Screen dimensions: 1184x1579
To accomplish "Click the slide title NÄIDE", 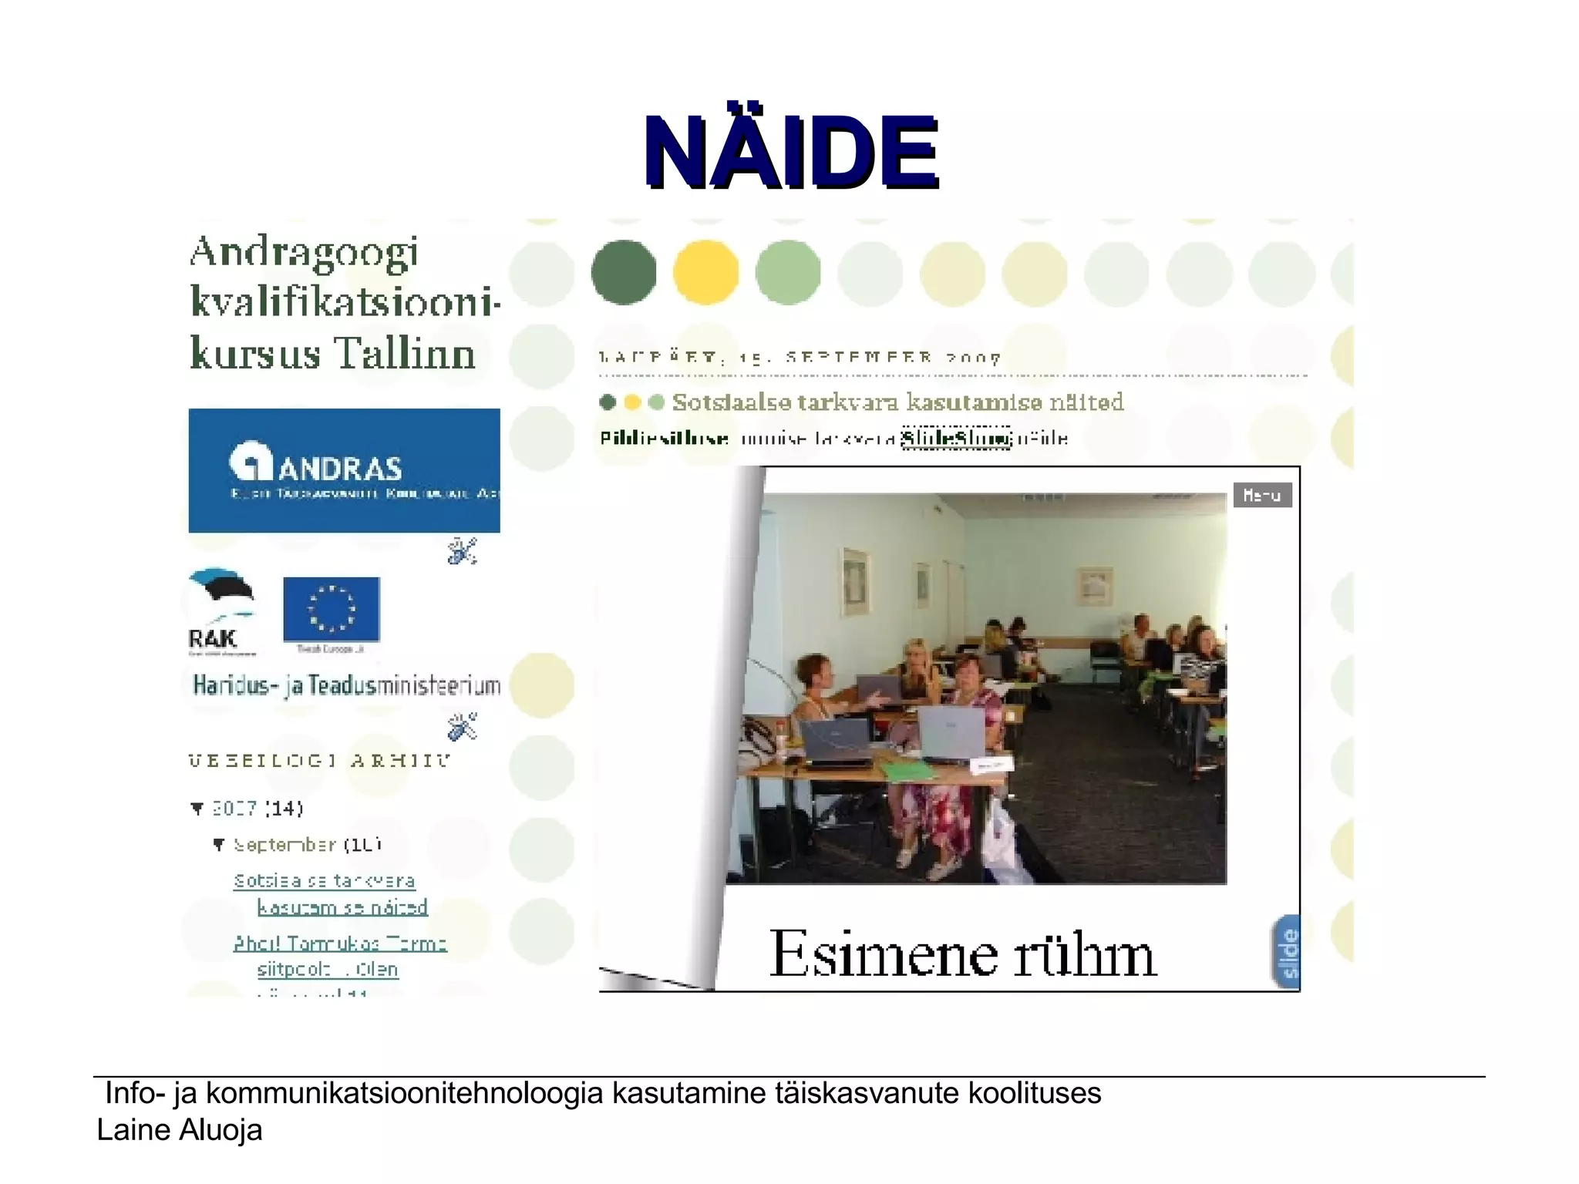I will [791, 153].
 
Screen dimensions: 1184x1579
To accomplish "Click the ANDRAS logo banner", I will [344, 470].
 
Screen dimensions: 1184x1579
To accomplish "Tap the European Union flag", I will [332, 609].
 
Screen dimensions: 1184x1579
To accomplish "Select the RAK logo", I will [220, 613].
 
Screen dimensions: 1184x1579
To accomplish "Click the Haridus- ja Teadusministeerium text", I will [346, 685].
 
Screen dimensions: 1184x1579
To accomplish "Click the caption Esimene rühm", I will [963, 955].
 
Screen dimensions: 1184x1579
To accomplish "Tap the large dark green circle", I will [624, 272].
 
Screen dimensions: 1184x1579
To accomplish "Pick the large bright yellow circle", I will [705, 272].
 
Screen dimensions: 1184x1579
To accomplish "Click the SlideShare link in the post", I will [956, 439].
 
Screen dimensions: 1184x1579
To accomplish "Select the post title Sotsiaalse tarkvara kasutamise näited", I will [897, 402].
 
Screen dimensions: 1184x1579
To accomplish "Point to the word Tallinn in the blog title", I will [404, 354].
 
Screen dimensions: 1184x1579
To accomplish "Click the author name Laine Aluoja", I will [180, 1131].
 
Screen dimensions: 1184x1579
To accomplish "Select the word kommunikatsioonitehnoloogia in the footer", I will [404, 1094].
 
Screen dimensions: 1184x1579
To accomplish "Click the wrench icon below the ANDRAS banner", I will [462, 551].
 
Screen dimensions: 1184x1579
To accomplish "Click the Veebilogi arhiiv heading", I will [319, 761].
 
